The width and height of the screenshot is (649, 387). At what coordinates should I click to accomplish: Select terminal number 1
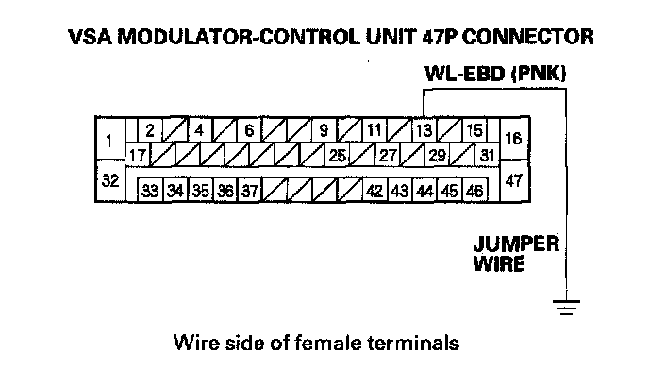point(109,142)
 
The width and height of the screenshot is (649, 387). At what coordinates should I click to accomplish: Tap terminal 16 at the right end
point(514,139)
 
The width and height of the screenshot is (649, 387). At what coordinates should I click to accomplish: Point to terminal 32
point(109,178)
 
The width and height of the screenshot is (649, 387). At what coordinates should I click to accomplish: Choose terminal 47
point(514,180)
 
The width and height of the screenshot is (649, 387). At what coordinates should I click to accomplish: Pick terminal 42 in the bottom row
point(374,191)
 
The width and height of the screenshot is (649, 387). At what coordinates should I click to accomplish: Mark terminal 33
point(150,191)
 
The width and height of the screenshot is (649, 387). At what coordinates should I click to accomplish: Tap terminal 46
point(474,191)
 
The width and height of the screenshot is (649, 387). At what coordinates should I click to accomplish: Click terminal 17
point(137,153)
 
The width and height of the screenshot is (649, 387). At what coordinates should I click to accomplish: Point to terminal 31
point(487,153)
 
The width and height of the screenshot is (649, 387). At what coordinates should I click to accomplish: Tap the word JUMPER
point(515,244)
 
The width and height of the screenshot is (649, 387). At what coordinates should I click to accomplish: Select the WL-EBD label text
point(462,73)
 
